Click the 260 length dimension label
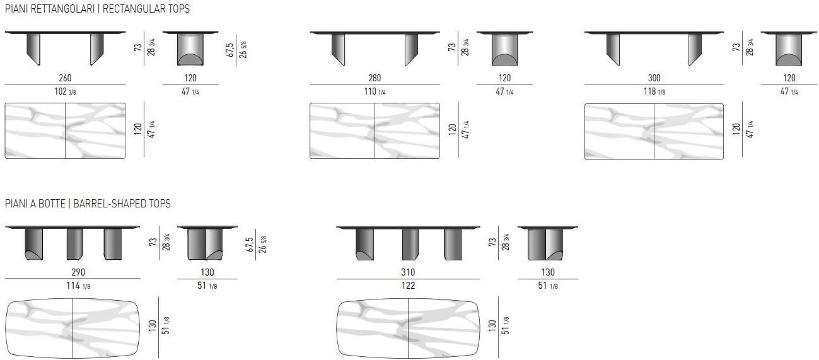(x=65, y=78)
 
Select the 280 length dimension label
(x=375, y=78)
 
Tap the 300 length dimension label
(x=654, y=78)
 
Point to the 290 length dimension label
(x=78, y=272)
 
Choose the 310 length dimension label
(x=408, y=272)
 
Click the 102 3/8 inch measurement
(x=65, y=91)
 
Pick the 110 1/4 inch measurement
(x=375, y=91)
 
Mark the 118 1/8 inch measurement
(x=654, y=91)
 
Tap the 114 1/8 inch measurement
(x=78, y=285)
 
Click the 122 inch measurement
(x=408, y=285)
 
